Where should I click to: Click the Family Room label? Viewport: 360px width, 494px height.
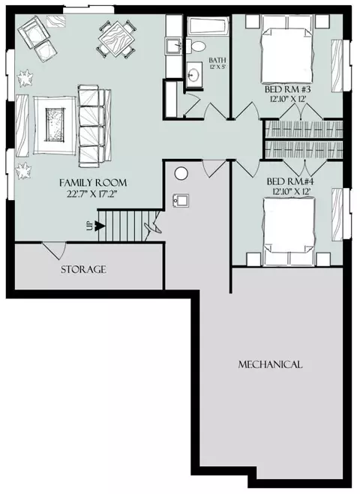pyautogui.click(x=93, y=183)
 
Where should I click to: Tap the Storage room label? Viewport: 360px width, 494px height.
pyautogui.click(x=83, y=269)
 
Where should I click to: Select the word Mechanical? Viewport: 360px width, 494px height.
pyautogui.click(x=270, y=364)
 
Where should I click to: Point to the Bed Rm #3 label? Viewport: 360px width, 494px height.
pyautogui.click(x=288, y=89)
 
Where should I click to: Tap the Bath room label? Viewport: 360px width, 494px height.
pyautogui.click(x=217, y=60)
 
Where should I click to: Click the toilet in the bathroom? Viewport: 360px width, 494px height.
pyautogui.click(x=196, y=46)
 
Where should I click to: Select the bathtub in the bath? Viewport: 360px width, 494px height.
pyautogui.click(x=208, y=27)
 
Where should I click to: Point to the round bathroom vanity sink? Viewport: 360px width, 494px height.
pyautogui.click(x=193, y=74)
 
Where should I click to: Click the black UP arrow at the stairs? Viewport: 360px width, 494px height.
pyautogui.click(x=100, y=226)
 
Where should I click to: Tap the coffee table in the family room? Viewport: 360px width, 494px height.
pyautogui.click(x=55, y=124)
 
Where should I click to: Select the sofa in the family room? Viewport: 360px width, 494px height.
pyautogui.click(x=94, y=126)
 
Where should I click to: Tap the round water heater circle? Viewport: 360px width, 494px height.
pyautogui.click(x=181, y=173)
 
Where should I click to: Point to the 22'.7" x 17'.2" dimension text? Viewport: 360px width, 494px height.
pyautogui.click(x=92, y=193)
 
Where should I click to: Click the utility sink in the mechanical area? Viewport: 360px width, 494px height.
pyautogui.click(x=181, y=201)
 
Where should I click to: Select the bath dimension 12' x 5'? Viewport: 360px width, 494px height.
pyautogui.click(x=217, y=67)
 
